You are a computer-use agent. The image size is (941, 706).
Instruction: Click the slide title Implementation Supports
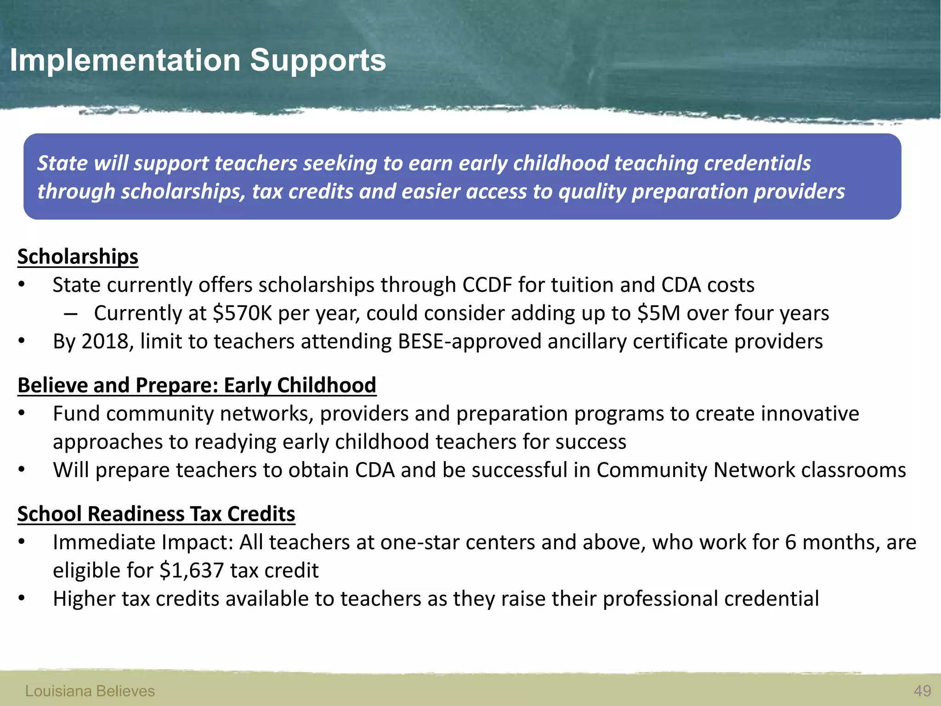(x=198, y=60)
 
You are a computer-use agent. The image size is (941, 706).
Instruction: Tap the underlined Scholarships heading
(x=78, y=256)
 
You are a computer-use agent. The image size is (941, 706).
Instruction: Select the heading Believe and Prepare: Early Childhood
(x=197, y=385)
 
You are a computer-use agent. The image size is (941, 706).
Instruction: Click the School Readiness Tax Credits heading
(x=156, y=514)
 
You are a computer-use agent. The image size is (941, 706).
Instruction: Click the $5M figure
(x=658, y=313)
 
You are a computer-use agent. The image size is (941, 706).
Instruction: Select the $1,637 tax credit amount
(x=192, y=571)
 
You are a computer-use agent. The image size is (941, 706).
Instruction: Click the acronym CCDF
(x=487, y=285)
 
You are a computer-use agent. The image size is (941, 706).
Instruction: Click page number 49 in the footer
(x=922, y=691)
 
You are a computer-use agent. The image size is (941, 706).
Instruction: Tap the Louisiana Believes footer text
(x=90, y=691)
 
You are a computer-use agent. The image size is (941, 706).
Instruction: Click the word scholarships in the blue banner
(x=183, y=192)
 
